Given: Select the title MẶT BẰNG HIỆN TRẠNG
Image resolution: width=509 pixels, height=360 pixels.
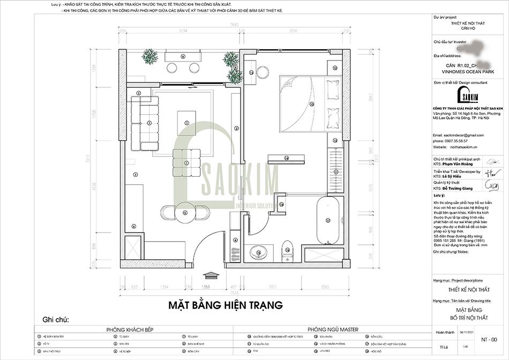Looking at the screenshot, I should point(225,305).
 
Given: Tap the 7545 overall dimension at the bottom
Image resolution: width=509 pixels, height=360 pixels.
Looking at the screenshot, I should point(234,292).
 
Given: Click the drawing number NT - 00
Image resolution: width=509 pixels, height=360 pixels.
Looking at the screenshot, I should point(490,339).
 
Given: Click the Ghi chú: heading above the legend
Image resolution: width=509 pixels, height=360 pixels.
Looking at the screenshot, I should point(56,320).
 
